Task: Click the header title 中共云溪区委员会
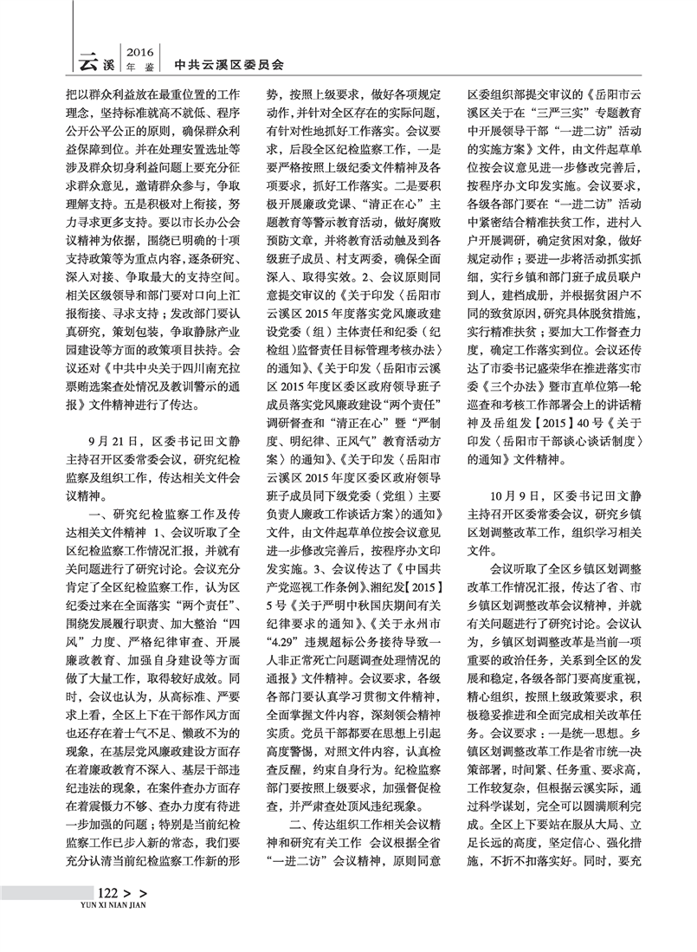point(229,63)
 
